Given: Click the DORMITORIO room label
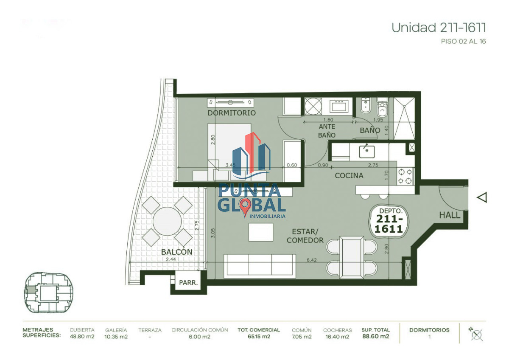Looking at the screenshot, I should tap(231, 113).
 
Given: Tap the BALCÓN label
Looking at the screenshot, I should tap(176, 252).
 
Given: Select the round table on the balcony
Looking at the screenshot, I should tap(167, 221).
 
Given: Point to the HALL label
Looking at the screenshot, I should tap(450, 215).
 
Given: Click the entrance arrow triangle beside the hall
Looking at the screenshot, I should tap(481, 197).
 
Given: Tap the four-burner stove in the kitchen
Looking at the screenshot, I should tap(405, 176).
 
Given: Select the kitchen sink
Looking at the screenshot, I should tap(366, 150).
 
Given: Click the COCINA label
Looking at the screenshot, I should tap(349, 175).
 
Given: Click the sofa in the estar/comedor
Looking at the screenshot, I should tap(260, 266).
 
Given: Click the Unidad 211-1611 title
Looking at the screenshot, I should tap(438, 28).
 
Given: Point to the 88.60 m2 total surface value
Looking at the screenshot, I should tap(375, 337).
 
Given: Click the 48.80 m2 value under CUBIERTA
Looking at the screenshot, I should tap(82, 337).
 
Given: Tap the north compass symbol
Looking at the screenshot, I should tap(477, 334).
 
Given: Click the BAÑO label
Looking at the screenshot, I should tap(370, 130).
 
